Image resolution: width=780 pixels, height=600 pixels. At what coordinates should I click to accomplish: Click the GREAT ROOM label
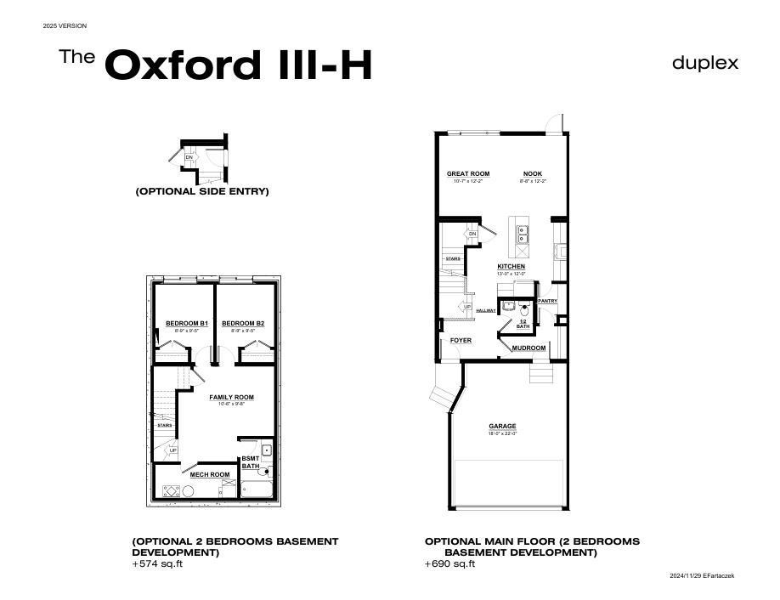point(468,173)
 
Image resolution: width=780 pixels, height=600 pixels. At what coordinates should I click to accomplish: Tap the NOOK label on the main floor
point(533,173)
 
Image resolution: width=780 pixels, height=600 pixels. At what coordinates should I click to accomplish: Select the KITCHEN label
point(511,267)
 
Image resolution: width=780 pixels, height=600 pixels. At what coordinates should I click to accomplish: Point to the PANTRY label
point(547,301)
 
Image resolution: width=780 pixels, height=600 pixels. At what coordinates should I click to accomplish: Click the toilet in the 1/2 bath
point(525,307)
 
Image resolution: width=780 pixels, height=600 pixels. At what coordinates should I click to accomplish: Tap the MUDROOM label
point(528,348)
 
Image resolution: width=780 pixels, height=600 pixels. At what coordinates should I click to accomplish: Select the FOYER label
point(461,341)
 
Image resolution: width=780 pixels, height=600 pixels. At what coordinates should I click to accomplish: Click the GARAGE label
point(502,427)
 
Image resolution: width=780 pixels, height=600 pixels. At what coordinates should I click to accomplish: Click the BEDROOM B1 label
point(186,324)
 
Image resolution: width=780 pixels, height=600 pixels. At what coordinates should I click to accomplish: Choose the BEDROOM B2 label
point(243,324)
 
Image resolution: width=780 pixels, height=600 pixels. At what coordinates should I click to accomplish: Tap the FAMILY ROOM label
point(231,397)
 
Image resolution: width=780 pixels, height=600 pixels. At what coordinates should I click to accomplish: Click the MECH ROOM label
point(210,474)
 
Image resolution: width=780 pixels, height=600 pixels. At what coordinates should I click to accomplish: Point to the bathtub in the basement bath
point(257,490)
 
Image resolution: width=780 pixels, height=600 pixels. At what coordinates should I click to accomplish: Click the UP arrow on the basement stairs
point(172,450)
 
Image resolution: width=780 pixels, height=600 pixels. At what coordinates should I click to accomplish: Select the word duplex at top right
point(705,63)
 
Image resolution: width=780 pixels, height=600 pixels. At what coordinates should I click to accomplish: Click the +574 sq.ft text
point(157,564)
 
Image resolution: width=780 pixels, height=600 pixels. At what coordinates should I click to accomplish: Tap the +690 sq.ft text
point(450,564)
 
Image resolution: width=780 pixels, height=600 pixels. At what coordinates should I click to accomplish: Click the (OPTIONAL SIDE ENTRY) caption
point(202,191)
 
